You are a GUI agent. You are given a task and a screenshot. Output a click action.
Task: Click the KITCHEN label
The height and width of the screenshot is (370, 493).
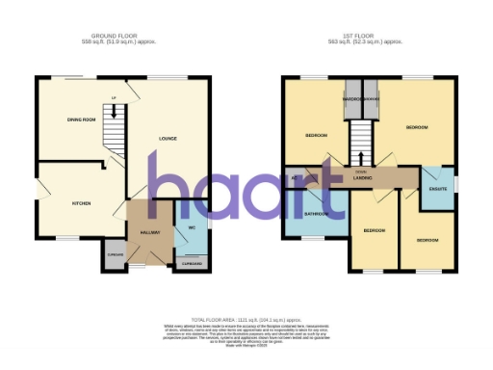click(81, 204)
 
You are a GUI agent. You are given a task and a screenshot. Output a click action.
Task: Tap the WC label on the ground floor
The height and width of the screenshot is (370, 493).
click(192, 227)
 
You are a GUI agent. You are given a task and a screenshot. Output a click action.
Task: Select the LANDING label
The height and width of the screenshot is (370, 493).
click(363, 176)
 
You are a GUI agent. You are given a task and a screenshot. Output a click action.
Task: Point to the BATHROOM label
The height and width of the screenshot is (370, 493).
click(317, 213)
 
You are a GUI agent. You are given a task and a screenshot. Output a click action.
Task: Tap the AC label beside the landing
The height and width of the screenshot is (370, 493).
click(293, 178)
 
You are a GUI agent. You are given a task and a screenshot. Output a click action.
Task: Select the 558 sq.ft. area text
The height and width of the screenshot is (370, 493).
click(119, 43)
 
